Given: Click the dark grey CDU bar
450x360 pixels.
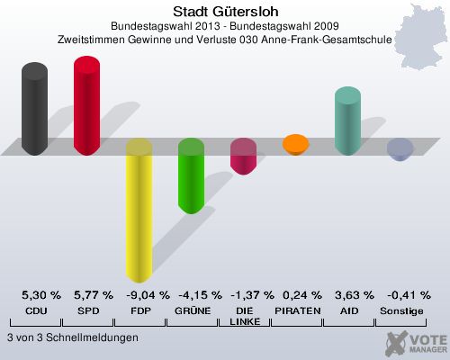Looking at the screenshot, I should (34, 109).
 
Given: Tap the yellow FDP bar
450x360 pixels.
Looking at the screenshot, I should (139, 211).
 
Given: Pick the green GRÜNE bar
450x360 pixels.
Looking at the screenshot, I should (191, 176).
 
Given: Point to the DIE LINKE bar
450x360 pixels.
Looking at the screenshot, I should (243, 157).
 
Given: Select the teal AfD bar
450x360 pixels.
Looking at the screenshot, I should (347, 121).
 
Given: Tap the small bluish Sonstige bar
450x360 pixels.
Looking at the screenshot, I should (400, 148).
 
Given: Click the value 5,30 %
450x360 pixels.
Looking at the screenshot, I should (35, 295).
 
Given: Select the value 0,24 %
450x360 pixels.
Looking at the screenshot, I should (296, 295).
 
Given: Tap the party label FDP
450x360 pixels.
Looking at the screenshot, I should (139, 310).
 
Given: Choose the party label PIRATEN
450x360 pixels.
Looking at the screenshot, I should (296, 310).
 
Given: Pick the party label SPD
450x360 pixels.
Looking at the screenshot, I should (87, 310).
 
